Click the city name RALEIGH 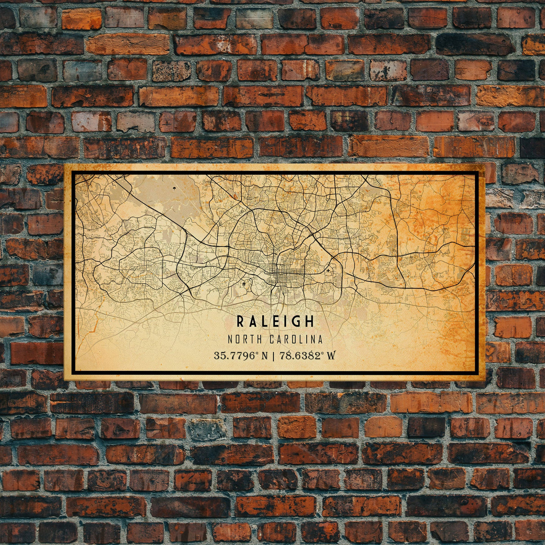[275, 321]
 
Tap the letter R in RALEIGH [241, 321]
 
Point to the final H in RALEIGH [310, 321]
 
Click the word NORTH [246, 339]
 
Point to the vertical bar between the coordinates [273, 356]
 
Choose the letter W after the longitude [331, 356]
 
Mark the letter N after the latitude [264, 356]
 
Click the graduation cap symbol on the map [244, 284]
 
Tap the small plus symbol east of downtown [328, 271]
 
